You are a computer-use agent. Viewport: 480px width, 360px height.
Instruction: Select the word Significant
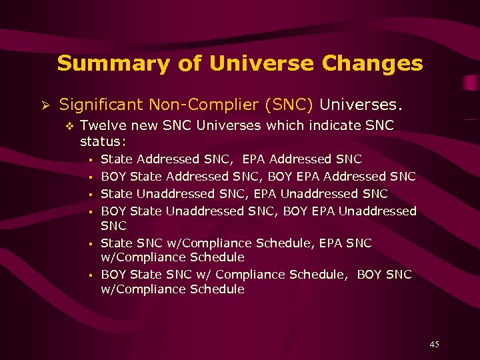[101, 105]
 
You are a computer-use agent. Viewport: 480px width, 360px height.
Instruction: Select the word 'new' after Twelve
[143, 125]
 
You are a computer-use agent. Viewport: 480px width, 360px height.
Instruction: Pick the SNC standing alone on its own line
[113, 226]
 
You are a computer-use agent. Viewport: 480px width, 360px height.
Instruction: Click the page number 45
[434, 344]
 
